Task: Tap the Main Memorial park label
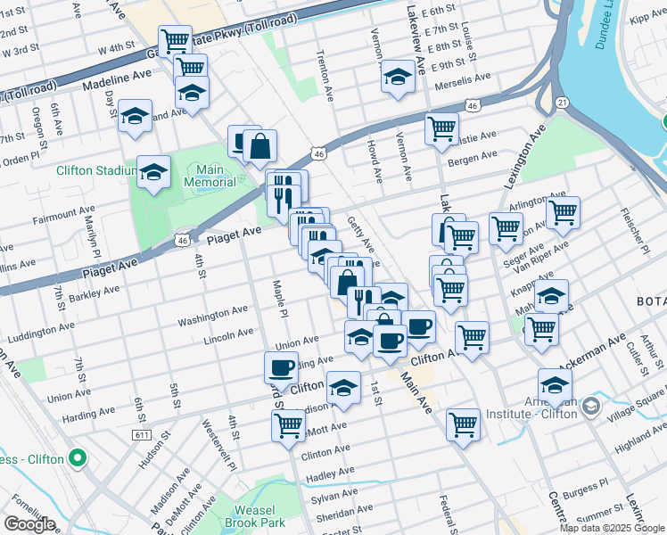pos(210,176)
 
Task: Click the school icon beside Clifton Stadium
pos(154,171)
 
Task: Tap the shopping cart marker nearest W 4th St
pos(175,40)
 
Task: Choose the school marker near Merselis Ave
pos(398,76)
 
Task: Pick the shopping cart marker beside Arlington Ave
pos(563,213)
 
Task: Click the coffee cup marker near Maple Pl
pos(282,367)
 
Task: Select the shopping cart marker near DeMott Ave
pos(288,426)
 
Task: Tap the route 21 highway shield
pos(563,103)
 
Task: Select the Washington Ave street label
pos(212,316)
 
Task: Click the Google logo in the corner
pos(29,524)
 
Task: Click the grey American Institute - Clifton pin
pos(590,407)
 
